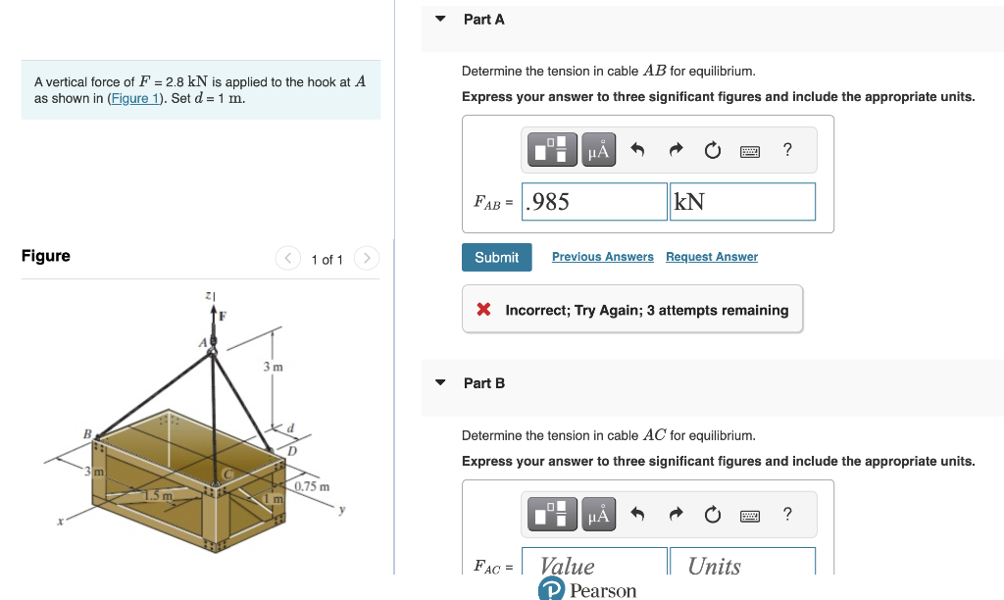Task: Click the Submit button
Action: point(496,257)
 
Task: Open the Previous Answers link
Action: point(602,257)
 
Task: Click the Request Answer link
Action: point(711,257)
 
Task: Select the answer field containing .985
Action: point(594,202)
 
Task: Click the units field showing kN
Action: point(742,202)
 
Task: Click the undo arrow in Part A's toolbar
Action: point(637,150)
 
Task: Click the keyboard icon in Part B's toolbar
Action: point(750,515)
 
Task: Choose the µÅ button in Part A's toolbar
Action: point(598,150)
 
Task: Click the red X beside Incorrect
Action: point(483,310)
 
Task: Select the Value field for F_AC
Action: point(594,565)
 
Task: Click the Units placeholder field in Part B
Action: point(742,565)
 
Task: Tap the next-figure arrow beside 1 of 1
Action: point(366,259)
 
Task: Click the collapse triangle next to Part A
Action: point(440,19)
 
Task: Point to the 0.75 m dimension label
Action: point(313,486)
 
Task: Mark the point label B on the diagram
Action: point(86,432)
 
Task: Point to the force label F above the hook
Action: point(222,317)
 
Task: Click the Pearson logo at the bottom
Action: point(587,590)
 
